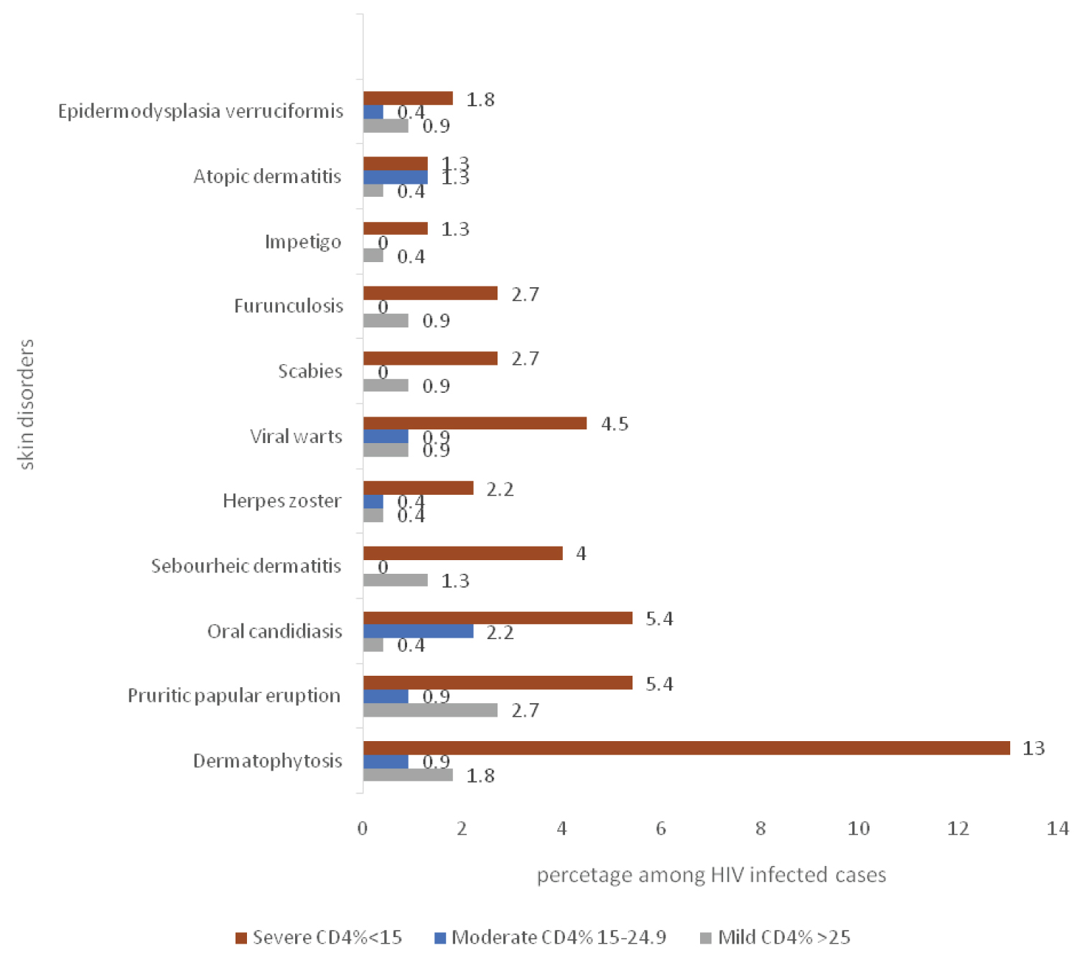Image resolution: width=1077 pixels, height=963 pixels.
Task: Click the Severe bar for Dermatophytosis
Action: (686, 748)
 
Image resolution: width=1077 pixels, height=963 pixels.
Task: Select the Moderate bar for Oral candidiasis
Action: (418, 631)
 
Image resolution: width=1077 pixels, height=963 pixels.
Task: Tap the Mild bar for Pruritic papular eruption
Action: (430, 710)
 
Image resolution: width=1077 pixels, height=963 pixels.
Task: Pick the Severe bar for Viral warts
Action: (475, 424)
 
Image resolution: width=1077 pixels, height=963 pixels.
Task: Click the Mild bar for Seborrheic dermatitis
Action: (395, 580)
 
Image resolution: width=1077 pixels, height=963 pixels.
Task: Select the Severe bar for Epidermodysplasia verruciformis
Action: (408, 98)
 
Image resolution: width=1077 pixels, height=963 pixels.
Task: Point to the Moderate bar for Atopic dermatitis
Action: (395, 177)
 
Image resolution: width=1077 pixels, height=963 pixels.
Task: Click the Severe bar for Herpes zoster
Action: (418, 488)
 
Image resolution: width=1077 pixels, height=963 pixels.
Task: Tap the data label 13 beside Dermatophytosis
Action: (1033, 748)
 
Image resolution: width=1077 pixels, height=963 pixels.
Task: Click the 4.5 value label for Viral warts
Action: (614, 424)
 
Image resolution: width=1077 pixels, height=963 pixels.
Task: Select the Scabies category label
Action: (310, 371)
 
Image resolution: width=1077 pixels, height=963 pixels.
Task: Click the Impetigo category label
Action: (303, 241)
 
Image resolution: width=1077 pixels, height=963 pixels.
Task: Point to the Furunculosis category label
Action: (289, 306)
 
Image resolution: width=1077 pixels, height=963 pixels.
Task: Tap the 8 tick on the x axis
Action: (760, 829)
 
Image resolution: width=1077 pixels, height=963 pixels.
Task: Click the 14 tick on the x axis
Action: (1058, 829)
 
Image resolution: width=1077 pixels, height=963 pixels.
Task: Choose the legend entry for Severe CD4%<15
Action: (320, 937)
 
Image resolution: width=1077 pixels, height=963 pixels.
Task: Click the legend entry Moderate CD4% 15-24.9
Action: (551, 937)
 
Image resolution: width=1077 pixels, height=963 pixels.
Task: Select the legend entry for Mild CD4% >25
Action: (775, 937)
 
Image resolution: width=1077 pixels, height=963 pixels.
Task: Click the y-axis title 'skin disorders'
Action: (27, 404)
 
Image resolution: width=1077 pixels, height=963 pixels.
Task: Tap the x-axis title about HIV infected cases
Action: (711, 875)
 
